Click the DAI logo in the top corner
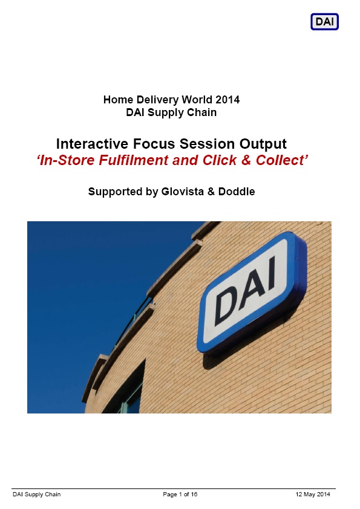[x=324, y=22]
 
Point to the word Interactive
[x=93, y=144]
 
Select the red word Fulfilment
[x=134, y=160]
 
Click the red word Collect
[x=280, y=160]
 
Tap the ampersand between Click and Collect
[x=246, y=160]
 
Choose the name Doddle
[x=237, y=192]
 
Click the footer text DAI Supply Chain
[x=37, y=494]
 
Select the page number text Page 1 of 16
[x=180, y=494]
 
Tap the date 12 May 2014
[x=313, y=494]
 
